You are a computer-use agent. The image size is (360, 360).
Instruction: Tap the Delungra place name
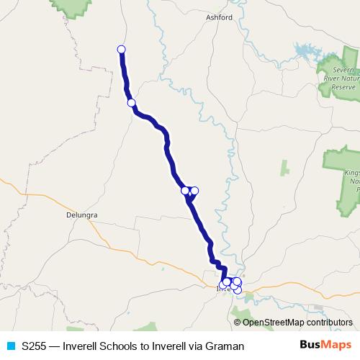point(81,215)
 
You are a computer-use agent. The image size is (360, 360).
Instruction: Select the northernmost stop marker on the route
point(121,50)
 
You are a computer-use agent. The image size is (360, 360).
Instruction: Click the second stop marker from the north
point(132,102)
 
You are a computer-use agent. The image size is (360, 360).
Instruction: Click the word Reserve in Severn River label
point(343,86)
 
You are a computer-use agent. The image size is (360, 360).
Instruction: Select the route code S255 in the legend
point(34,346)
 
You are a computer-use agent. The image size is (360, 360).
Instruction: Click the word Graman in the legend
point(226,346)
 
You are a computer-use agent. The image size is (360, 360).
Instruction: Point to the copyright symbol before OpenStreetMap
point(238,323)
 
